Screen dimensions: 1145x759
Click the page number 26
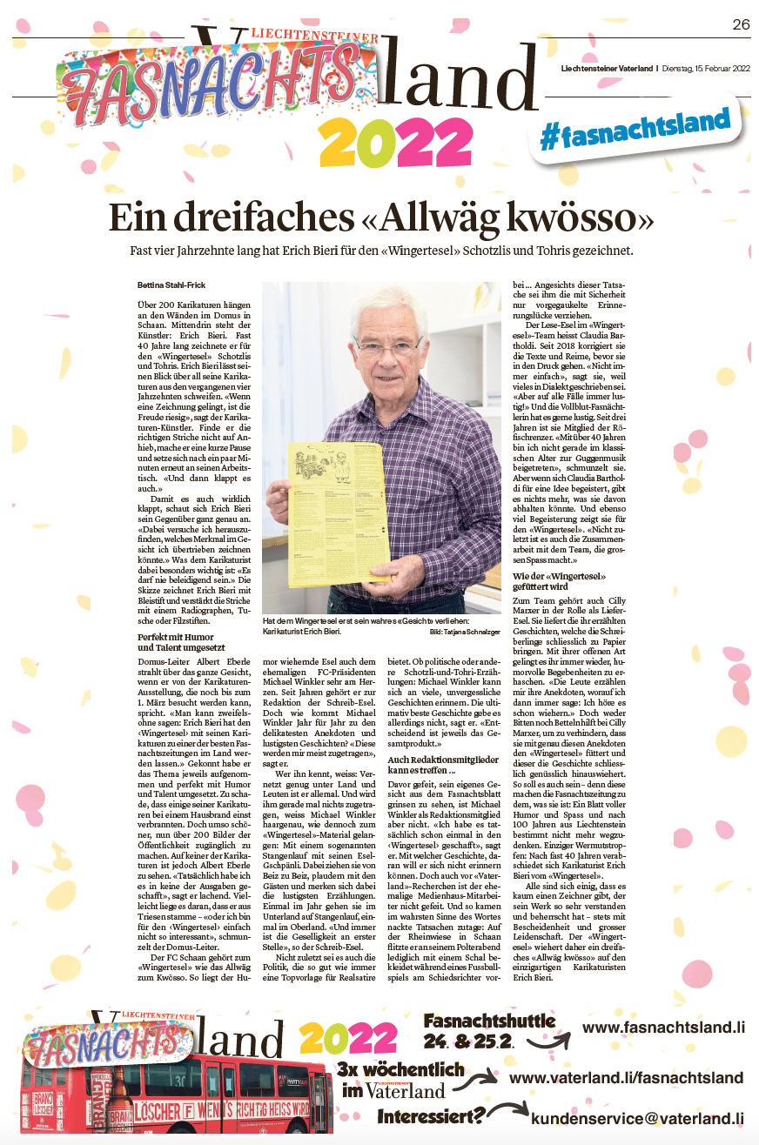coord(740,24)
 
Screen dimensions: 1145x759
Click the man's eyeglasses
coord(386,346)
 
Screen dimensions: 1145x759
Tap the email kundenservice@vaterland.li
coord(637,1119)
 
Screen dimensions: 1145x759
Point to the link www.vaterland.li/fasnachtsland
coord(625,1078)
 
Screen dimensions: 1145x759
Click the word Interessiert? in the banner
coord(430,1115)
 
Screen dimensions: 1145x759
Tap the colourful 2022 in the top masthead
coord(389,144)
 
